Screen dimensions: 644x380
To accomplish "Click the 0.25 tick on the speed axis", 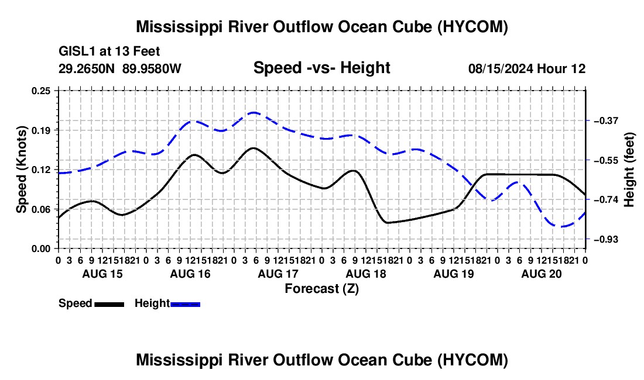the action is pos(41,91).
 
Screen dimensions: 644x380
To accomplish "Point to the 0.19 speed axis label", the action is pos(41,130).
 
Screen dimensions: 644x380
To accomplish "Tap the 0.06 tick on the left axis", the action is pos(41,209).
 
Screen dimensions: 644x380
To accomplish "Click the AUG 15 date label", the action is pos(102,274).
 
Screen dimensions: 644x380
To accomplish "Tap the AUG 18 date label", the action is pos(366,274).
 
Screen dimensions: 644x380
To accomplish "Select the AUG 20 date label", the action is pos(542,274).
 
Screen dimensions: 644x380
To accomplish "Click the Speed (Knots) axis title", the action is pos(21,170).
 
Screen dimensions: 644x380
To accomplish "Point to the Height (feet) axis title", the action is pos(629,170).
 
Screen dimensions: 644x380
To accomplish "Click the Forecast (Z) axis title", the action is pos(321,289).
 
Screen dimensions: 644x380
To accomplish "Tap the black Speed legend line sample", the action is pos(109,305).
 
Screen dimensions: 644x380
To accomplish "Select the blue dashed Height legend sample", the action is pos(185,305).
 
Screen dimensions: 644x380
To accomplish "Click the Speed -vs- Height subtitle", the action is pos(321,68).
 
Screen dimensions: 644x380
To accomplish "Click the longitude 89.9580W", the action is pos(152,68).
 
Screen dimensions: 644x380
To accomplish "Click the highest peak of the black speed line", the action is pos(253,148).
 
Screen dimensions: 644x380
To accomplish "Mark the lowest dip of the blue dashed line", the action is pos(561,226).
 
